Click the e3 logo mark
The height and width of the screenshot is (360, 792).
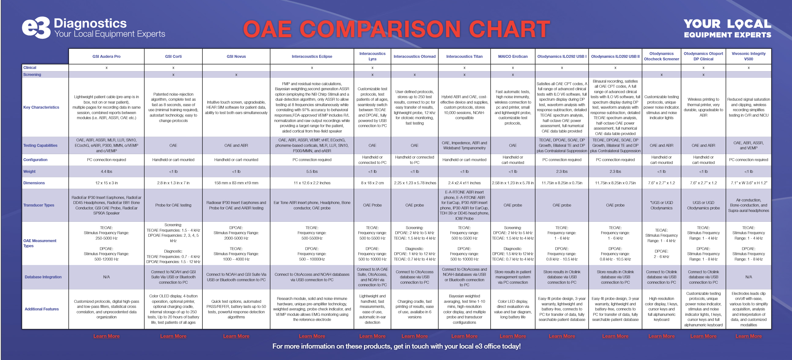pyautogui.click(x=36, y=28)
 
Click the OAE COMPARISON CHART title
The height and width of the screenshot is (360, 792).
pyautogui.click(x=396, y=29)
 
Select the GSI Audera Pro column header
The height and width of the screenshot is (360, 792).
pyautogui.click(x=106, y=57)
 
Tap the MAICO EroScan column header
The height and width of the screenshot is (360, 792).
pyautogui.click(x=513, y=57)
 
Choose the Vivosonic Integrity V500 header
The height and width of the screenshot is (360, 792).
pyautogui.click(x=748, y=56)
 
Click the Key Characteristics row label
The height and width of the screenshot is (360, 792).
pyautogui.click(x=41, y=107)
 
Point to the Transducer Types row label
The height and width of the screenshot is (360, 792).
pyautogui.click(x=39, y=205)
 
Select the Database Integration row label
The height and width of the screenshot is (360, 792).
pyautogui.click(x=43, y=277)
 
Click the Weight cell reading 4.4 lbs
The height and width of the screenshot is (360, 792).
pyautogui.click(x=106, y=172)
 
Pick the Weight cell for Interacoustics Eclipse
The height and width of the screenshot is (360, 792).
pyautogui.click(x=312, y=172)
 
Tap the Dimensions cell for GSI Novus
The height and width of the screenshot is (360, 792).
pyautogui.click(x=236, y=183)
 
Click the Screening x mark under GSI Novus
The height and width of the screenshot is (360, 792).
pyautogui.click(x=236, y=75)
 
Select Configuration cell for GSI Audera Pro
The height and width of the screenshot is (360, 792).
pyautogui.click(x=106, y=160)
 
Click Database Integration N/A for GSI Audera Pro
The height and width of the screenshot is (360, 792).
pyautogui.click(x=106, y=277)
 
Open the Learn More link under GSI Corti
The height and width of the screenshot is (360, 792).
pyautogui.click(x=173, y=336)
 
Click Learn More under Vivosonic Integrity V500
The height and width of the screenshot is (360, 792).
pyautogui.click(x=748, y=336)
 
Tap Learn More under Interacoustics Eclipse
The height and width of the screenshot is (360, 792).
pyautogui.click(x=312, y=336)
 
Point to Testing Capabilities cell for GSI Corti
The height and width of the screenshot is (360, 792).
pyautogui.click(x=173, y=146)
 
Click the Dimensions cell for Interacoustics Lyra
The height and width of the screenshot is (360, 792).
pyautogui.click(x=372, y=183)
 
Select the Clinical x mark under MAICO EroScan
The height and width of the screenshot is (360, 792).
pyautogui.click(x=513, y=68)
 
